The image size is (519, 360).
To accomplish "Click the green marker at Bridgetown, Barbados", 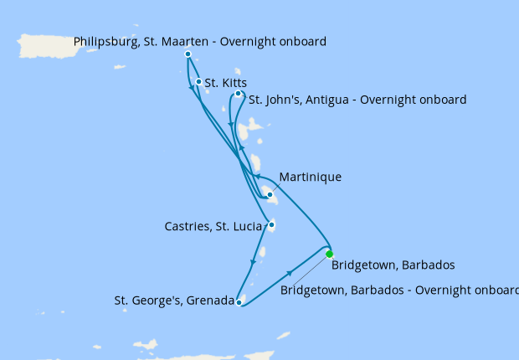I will [x=330, y=254].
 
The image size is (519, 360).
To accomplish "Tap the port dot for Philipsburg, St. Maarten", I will [x=188, y=54].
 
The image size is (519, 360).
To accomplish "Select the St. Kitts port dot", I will [x=198, y=82].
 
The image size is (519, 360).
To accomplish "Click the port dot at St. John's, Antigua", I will [x=239, y=95].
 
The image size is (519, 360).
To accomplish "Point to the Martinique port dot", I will [x=270, y=195].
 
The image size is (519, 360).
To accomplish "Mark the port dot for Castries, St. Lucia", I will [x=271, y=224].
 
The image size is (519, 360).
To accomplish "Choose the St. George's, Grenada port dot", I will [x=239, y=302].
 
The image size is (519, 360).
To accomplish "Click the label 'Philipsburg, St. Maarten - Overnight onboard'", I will [x=200, y=40].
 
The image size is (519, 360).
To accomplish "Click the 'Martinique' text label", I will [x=311, y=177].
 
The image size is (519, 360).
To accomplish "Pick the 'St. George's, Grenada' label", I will [x=174, y=300].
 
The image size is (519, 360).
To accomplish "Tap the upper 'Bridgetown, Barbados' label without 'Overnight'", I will [x=393, y=265].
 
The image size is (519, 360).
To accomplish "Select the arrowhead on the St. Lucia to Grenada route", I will [x=253, y=262].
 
